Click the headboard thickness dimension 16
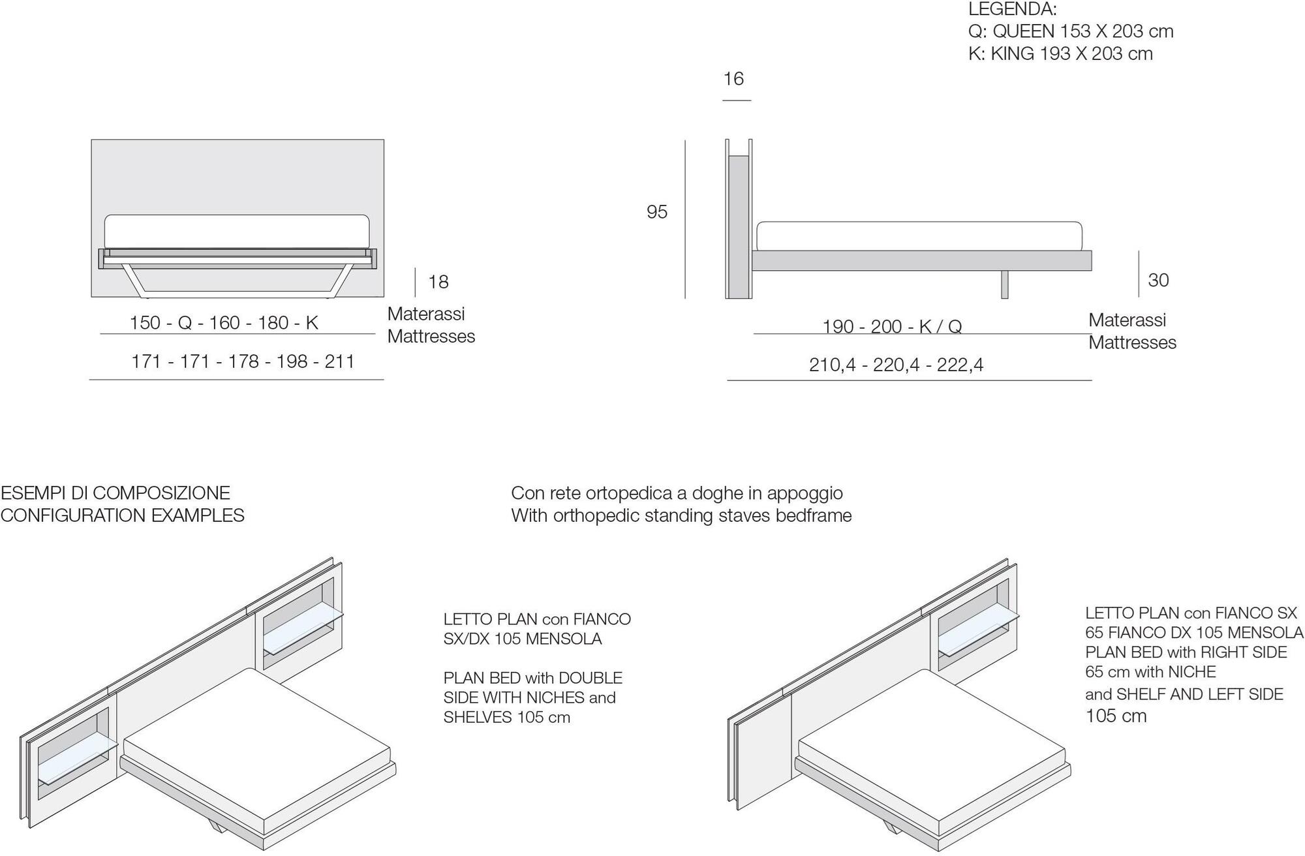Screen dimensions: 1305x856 733,79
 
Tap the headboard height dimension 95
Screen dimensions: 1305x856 657,212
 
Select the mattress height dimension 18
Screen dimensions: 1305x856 438,282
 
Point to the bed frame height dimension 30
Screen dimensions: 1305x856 1158,280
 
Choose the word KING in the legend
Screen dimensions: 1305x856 1013,53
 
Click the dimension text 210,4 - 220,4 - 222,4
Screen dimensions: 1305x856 896,365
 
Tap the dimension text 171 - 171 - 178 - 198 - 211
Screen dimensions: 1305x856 243,361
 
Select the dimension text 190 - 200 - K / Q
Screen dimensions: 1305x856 892,326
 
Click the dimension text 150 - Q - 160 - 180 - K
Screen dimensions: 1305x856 224,323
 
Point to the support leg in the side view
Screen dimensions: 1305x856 1005,284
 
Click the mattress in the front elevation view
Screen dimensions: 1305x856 237,232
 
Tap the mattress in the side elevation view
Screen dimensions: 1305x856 919,236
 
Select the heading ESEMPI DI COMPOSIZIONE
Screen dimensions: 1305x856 115,493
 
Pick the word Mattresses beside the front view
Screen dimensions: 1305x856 431,337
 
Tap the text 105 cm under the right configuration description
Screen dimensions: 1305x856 1116,716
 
